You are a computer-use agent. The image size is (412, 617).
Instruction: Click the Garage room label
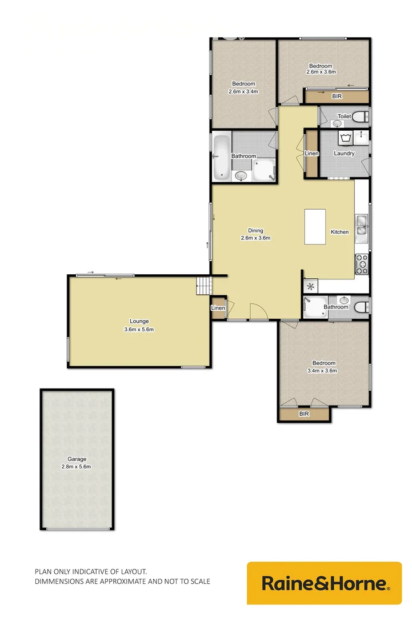77,459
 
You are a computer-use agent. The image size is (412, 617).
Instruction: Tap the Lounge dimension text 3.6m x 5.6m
139,330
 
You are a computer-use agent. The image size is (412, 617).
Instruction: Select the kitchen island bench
315,227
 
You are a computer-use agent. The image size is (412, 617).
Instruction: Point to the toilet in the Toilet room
361,117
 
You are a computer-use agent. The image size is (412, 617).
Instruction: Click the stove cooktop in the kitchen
362,263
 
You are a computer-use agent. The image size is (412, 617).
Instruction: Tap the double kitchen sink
361,226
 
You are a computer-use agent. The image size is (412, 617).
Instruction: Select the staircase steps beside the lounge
203,286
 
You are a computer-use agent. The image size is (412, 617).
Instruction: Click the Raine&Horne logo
325,583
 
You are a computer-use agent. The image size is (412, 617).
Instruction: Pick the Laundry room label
345,153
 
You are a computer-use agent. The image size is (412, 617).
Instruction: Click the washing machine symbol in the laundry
345,138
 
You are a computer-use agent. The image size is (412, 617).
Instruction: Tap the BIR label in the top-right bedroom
337,97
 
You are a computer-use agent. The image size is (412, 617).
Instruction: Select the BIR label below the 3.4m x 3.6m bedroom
304,414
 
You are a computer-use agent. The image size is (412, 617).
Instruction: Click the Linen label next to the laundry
311,153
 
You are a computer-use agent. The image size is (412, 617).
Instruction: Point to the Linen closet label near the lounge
218,308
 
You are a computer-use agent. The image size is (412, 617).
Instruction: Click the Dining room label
255,231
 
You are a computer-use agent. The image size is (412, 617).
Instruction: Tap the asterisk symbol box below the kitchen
311,287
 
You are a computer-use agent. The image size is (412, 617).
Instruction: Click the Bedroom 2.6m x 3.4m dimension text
243,91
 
